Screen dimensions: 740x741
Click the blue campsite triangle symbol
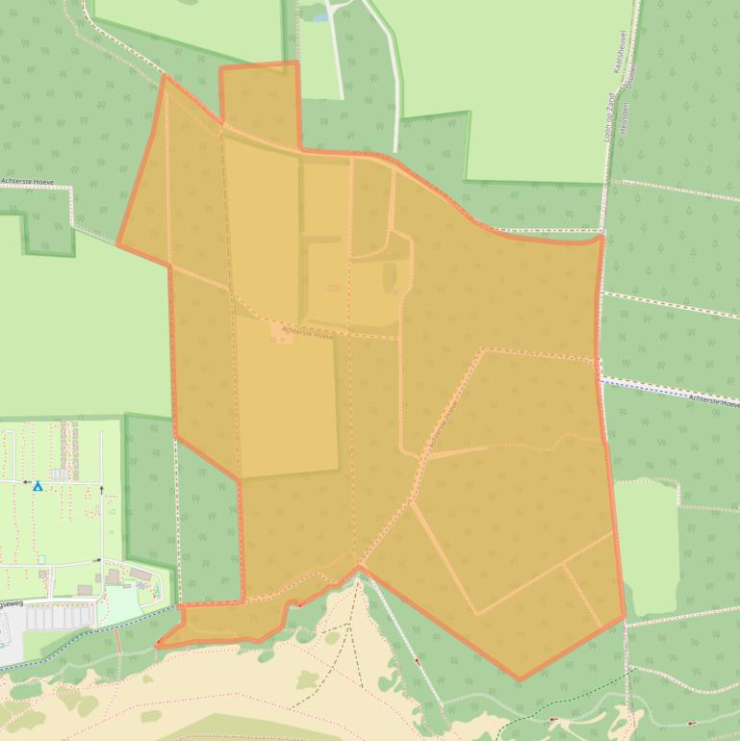[x=38, y=487]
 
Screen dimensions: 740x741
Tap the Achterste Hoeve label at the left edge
[x=30, y=181]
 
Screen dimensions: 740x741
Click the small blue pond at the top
[x=319, y=15]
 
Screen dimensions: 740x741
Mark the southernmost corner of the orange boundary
[x=521, y=679]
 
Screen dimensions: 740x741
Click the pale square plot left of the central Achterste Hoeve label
[x=283, y=333]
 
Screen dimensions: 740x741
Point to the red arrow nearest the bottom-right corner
[x=692, y=723]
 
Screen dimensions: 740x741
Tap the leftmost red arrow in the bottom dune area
[x=418, y=661]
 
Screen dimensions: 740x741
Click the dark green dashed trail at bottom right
[x=539, y=707]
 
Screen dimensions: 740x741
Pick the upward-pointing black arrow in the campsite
[x=100, y=491]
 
